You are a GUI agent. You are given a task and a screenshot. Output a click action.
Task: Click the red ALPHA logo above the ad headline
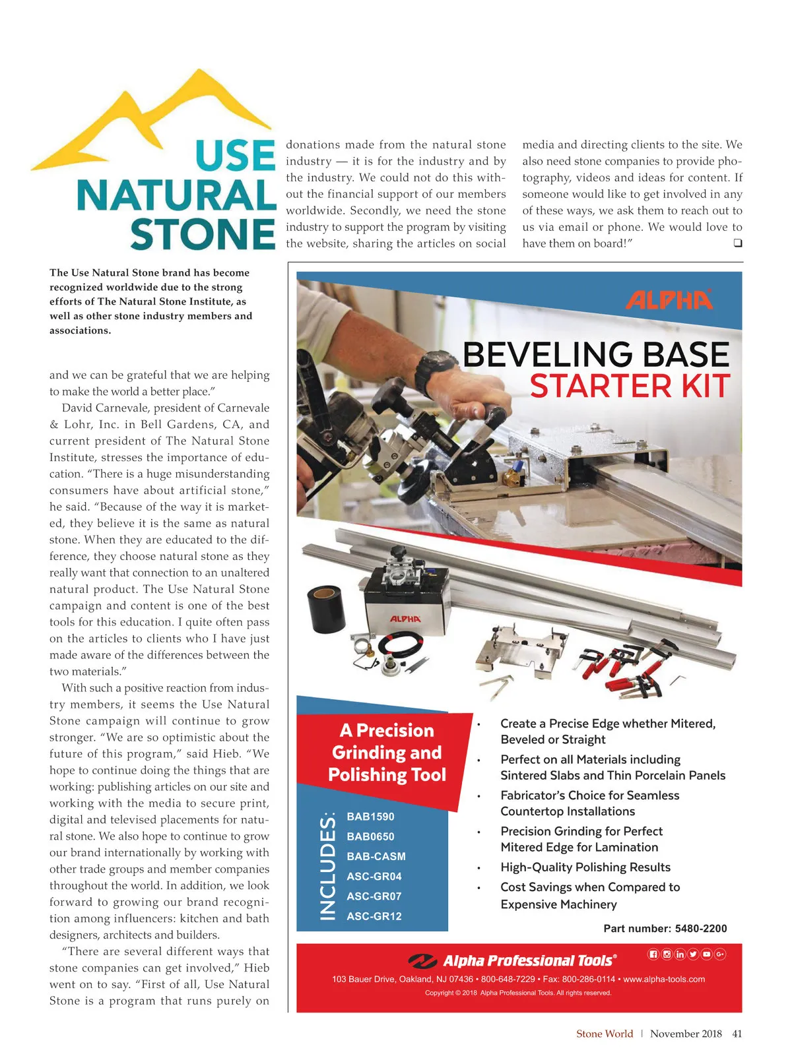[x=669, y=300]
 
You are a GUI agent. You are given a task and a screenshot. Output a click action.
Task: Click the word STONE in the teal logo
[x=203, y=235]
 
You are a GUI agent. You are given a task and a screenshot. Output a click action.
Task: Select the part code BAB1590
[x=370, y=817]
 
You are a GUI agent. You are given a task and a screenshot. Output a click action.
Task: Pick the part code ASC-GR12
[x=374, y=916]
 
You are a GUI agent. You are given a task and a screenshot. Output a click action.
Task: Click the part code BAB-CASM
[x=376, y=856]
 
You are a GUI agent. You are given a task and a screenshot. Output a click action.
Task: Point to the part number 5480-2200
[x=701, y=929]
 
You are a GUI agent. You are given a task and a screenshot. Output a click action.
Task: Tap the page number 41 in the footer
[x=737, y=1034]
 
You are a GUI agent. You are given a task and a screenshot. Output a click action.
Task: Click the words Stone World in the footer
[x=604, y=1034]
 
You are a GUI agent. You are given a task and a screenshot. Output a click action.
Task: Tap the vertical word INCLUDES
[x=328, y=866]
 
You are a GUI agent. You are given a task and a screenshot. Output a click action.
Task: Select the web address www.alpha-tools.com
[x=664, y=979]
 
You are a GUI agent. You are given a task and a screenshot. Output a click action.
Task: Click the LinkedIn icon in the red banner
[x=680, y=954]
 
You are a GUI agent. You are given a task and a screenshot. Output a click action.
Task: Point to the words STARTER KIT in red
[x=630, y=387]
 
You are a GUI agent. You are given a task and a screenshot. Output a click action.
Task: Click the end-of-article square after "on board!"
[x=737, y=243]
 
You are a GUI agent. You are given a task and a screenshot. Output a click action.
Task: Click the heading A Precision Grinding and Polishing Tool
[x=387, y=753]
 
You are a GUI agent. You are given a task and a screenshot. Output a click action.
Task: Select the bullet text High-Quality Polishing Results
[x=585, y=867]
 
